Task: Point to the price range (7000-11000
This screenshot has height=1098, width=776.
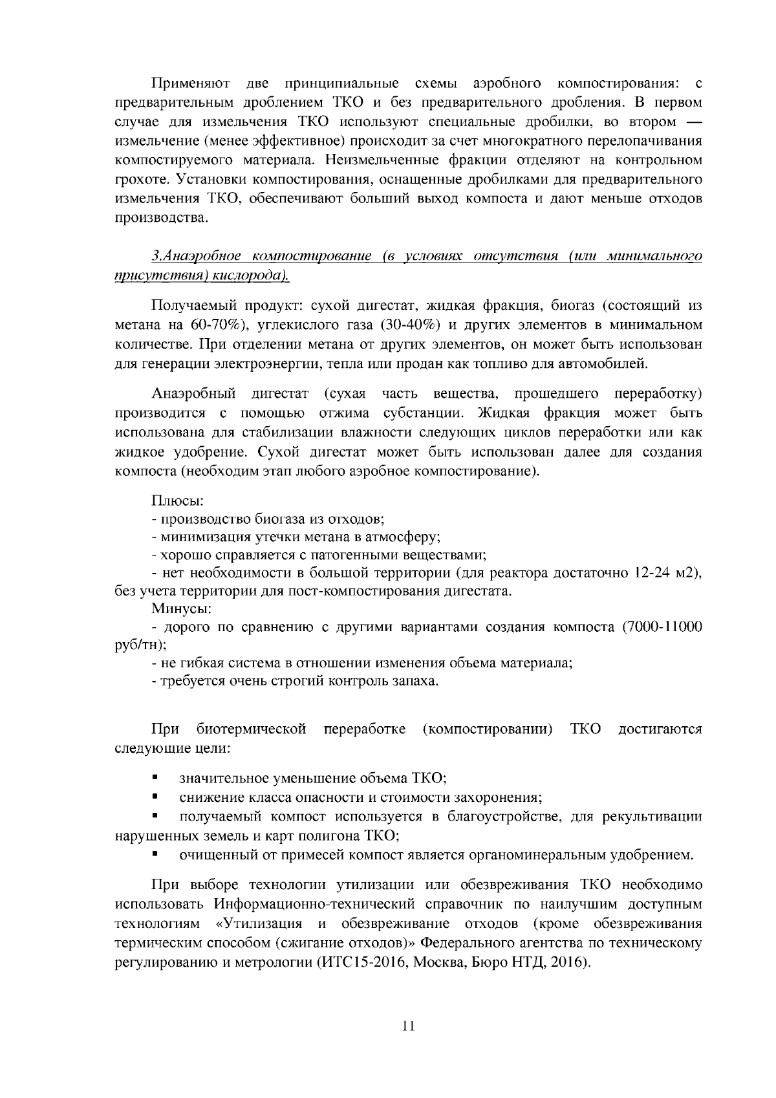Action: (x=662, y=627)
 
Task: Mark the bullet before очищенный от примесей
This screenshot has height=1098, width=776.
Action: (x=155, y=855)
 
